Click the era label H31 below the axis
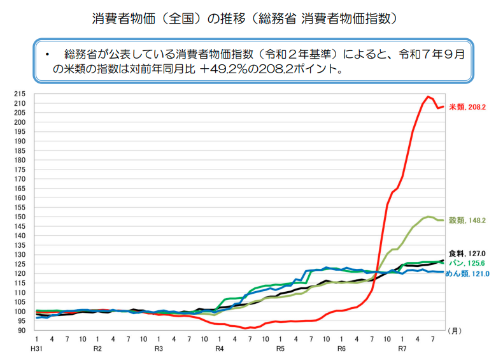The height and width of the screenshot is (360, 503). (x=37, y=349)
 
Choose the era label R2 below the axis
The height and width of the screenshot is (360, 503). (x=97, y=349)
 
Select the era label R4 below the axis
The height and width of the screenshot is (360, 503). (x=219, y=349)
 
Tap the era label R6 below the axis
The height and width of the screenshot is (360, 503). (x=341, y=349)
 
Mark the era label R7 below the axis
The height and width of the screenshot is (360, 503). (x=402, y=349)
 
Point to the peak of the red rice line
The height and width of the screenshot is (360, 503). (x=429, y=97)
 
